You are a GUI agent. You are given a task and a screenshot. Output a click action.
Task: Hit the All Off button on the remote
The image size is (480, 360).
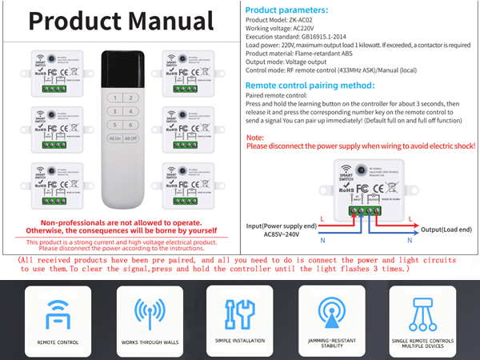130,138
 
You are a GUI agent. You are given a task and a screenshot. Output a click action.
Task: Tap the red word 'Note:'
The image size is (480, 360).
257,138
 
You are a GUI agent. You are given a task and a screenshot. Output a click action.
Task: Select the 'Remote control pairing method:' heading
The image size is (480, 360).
310,85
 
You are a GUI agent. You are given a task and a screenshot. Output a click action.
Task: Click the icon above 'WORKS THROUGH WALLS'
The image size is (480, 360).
149,314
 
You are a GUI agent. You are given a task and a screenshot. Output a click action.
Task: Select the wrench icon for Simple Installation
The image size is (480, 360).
239,314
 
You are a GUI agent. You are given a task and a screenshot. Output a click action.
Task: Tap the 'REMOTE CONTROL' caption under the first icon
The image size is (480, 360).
58,341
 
